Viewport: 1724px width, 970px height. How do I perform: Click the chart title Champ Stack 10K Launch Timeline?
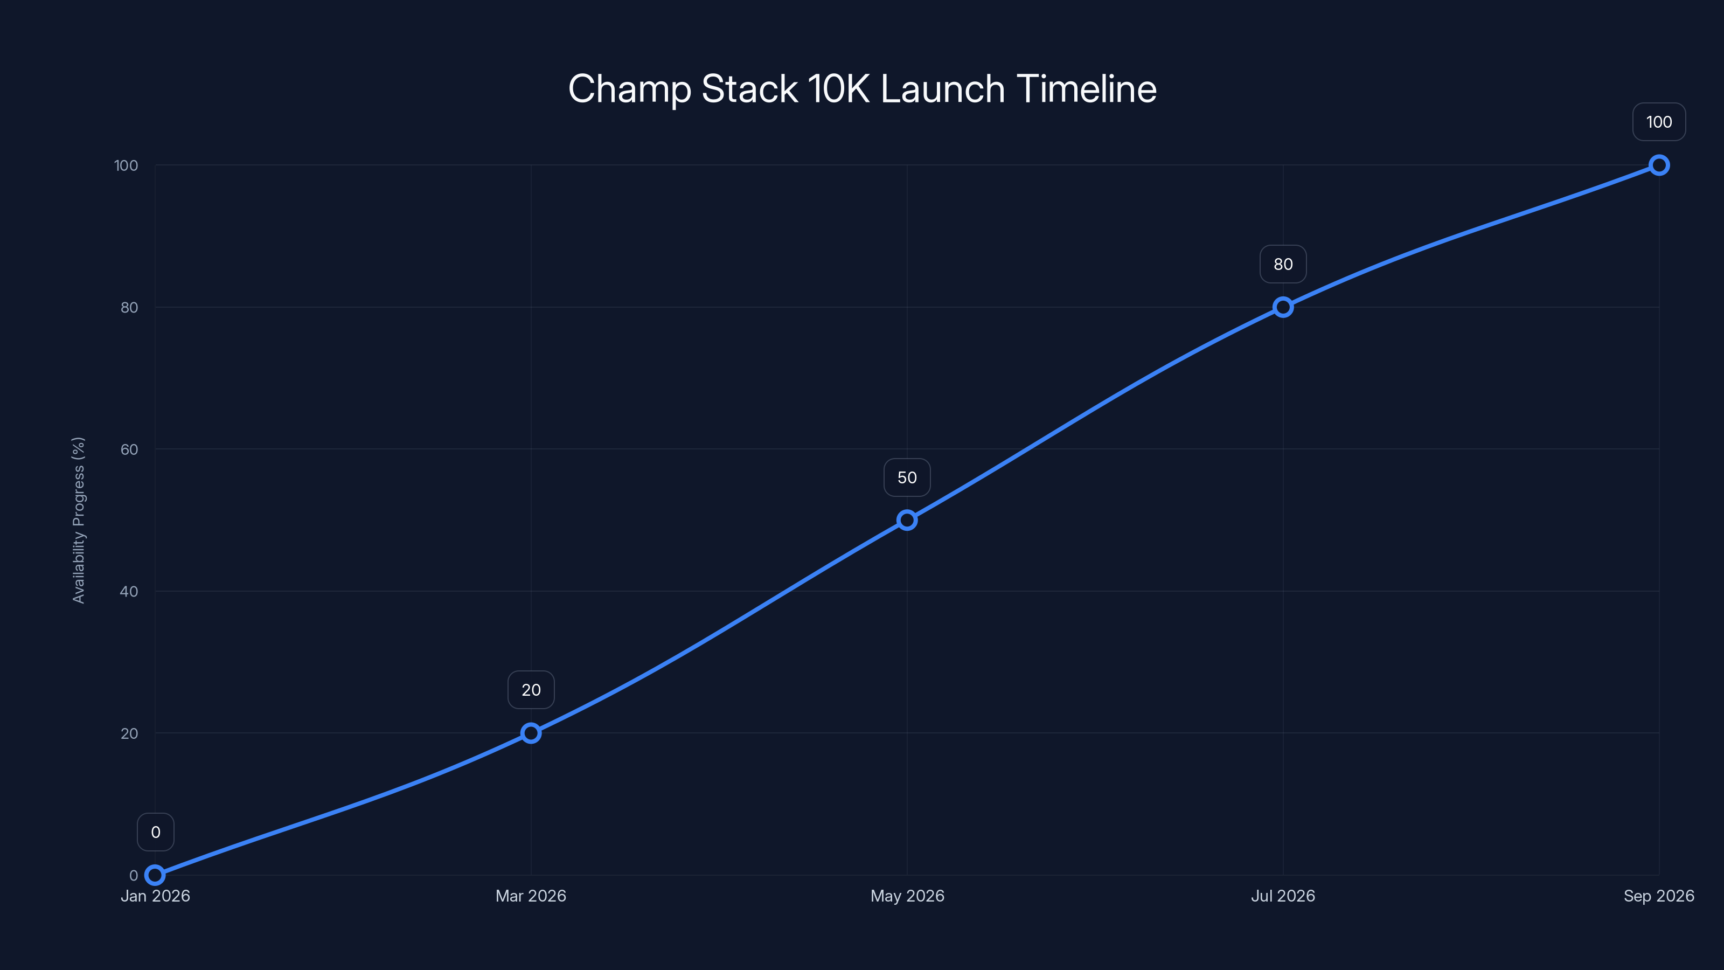(x=862, y=88)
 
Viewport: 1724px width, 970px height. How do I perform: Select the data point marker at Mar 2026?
(x=531, y=733)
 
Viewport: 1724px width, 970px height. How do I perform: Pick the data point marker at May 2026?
(x=907, y=520)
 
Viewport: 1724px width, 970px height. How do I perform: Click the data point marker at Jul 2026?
(x=1283, y=307)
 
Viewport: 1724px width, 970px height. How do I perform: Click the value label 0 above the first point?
(x=155, y=832)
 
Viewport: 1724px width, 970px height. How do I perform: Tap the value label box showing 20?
(x=531, y=690)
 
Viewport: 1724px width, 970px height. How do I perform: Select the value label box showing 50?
(x=907, y=477)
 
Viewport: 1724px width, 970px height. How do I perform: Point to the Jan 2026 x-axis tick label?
(x=155, y=896)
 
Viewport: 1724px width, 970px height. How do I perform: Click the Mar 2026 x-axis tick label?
(x=531, y=896)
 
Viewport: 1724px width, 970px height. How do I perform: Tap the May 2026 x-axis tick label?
(x=907, y=896)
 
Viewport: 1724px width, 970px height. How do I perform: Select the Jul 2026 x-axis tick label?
(x=1283, y=896)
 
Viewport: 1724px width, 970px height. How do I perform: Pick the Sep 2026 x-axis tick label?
(x=1658, y=896)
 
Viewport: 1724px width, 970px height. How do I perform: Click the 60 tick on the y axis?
(x=129, y=449)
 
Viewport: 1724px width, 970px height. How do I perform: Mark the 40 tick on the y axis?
(x=129, y=591)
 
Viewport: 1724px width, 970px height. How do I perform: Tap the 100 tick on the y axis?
(x=126, y=165)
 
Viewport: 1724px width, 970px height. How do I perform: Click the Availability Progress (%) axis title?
(x=78, y=520)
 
